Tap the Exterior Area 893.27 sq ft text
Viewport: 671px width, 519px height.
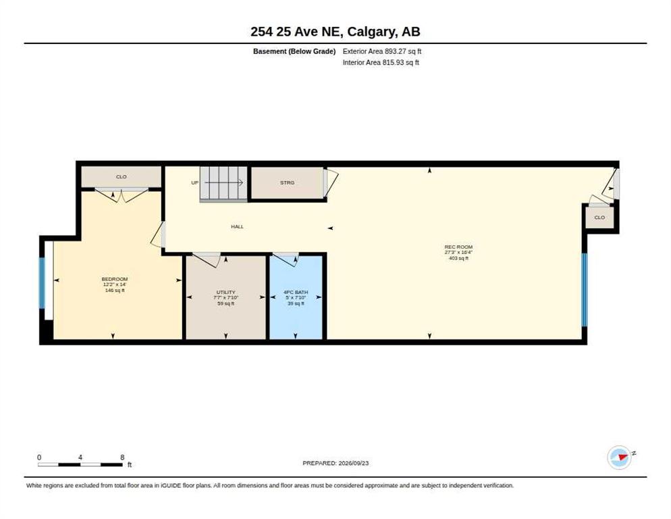pyautogui.click(x=382, y=51)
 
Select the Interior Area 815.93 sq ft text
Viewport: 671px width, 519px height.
pyautogui.click(x=381, y=63)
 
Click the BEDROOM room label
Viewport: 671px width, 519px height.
pyautogui.click(x=115, y=279)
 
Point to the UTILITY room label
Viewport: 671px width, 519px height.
pyautogui.click(x=226, y=293)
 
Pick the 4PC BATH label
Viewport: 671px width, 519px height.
pyautogui.click(x=296, y=293)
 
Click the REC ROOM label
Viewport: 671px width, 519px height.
pyautogui.click(x=458, y=247)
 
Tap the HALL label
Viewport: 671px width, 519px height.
pyautogui.click(x=237, y=226)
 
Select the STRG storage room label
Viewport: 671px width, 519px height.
pyautogui.click(x=287, y=182)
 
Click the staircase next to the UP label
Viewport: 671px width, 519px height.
pyautogui.click(x=224, y=183)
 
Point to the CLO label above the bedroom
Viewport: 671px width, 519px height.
pyautogui.click(x=121, y=176)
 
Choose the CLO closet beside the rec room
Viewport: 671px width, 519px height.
pyautogui.click(x=599, y=218)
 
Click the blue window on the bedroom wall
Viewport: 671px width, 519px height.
pyautogui.click(x=42, y=283)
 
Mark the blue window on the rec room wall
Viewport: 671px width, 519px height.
pyautogui.click(x=584, y=290)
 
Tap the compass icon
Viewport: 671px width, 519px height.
pyautogui.click(x=620, y=458)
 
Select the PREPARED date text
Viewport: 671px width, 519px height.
pyautogui.click(x=335, y=464)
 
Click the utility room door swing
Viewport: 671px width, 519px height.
pyautogui.click(x=207, y=259)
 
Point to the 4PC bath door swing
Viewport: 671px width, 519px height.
pyautogui.click(x=286, y=259)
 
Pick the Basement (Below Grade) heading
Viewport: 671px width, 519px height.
pyautogui.click(x=294, y=51)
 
